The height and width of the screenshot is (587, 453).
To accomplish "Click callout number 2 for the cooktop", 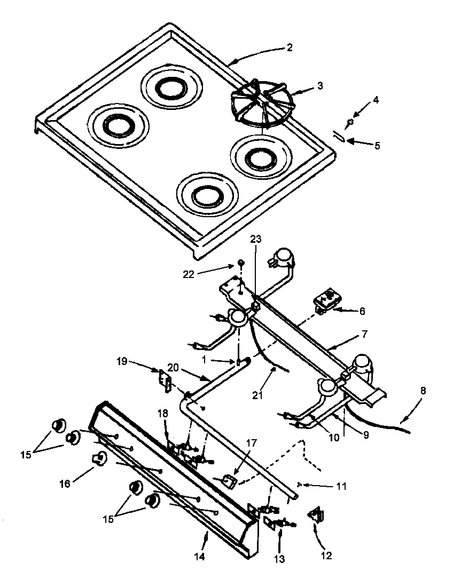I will pos(289,47).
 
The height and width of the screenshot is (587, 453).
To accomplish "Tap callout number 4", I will pos(377,99).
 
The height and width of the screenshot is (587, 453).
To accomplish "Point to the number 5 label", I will pos(377,145).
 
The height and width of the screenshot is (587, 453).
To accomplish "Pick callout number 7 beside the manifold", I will pos(364,335).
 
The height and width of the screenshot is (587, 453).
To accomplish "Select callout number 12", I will pos(326,556).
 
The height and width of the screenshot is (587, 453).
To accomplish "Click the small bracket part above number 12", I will pos(314,514).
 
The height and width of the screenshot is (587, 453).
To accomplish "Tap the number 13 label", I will pos(279,559).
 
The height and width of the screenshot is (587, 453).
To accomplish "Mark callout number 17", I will pos(252,442).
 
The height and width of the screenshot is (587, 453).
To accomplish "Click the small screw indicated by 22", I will pos(241,263).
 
